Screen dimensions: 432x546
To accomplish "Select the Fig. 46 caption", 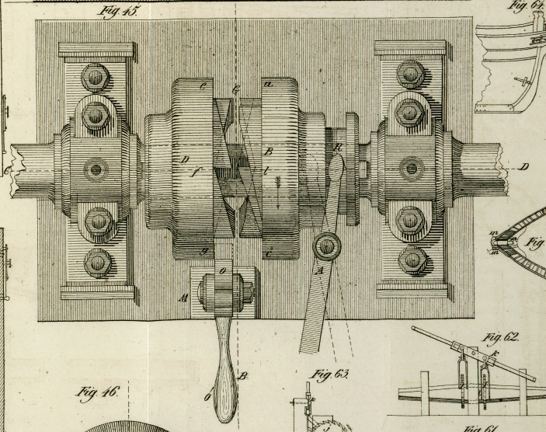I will pos(96,392).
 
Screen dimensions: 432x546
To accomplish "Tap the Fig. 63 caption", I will pos(329,375).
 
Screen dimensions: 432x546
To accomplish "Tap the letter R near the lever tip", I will pos(338,148).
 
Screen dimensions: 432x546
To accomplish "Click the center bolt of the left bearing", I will pos(96,169).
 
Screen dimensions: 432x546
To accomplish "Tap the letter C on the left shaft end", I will pos(8,169).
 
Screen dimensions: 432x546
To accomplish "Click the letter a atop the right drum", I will pos(270,83).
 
